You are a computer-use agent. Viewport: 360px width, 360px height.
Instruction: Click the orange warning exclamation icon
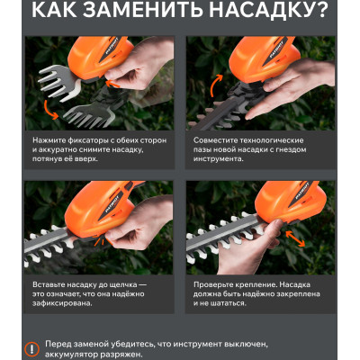click(32, 348)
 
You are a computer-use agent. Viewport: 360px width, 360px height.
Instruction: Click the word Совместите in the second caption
click(220, 140)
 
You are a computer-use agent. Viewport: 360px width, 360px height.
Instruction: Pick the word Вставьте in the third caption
click(51, 284)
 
